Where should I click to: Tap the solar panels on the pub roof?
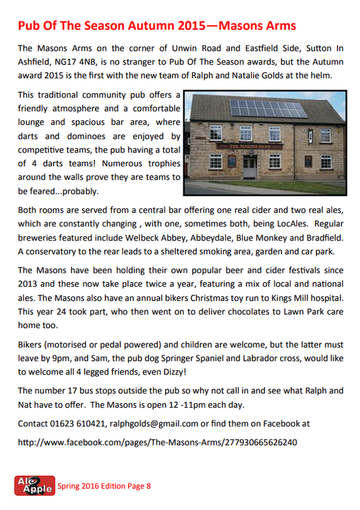click(x=269, y=108)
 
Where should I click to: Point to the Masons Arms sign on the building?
click(x=247, y=146)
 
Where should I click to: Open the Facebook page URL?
click(x=157, y=442)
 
